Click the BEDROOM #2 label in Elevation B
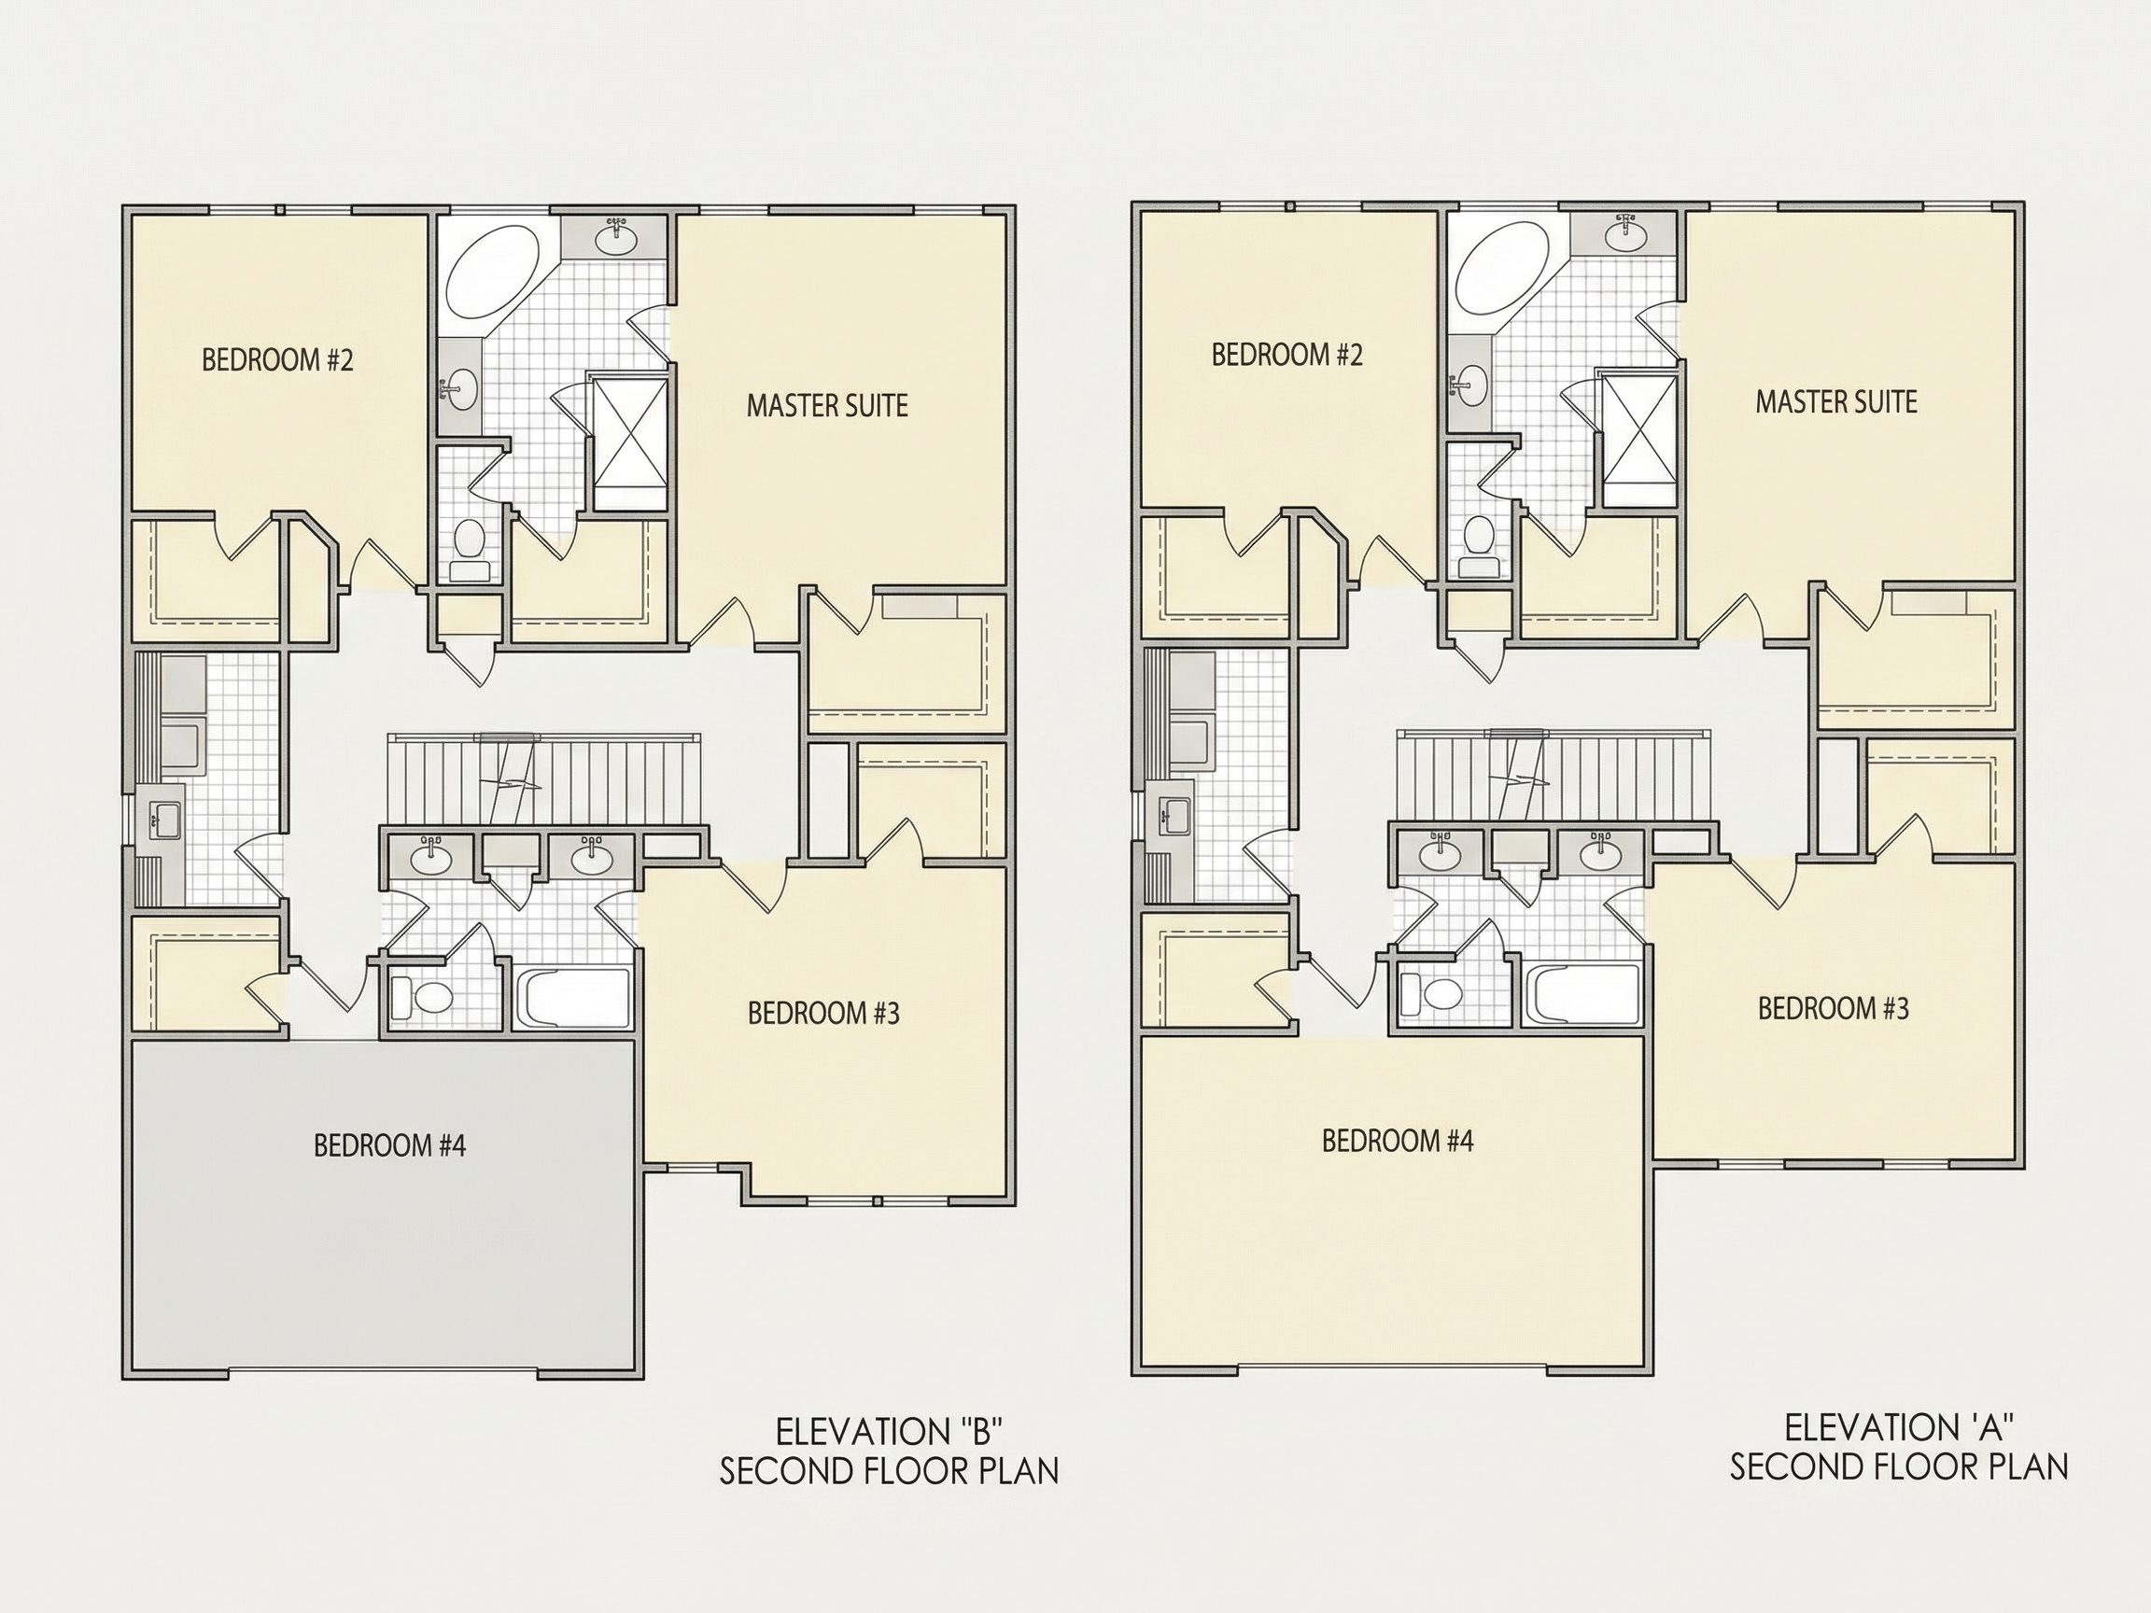pos(277,360)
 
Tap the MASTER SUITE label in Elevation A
pos(1836,401)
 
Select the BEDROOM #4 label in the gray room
pos(390,1145)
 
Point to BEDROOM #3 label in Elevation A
pos(1833,1008)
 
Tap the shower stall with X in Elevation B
pos(630,444)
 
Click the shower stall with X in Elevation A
pos(1639,440)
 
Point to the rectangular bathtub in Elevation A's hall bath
pos(1583,992)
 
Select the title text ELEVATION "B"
pos(889,1431)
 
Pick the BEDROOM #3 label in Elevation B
pos(823,1013)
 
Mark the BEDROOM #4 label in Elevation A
pos(1398,1141)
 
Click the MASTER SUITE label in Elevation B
pos(826,405)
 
